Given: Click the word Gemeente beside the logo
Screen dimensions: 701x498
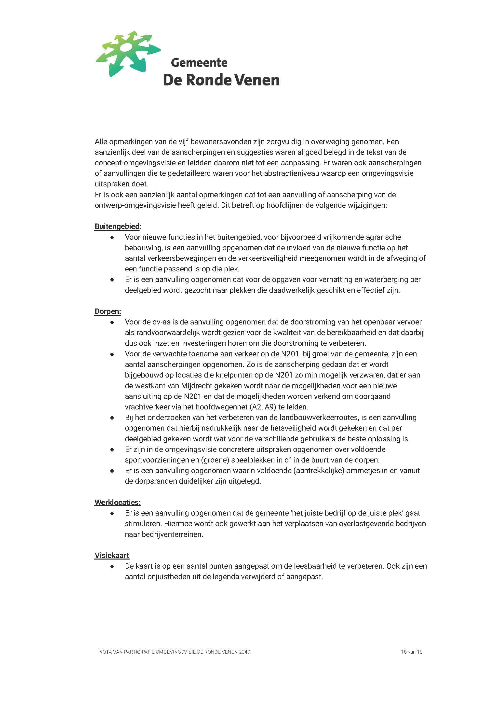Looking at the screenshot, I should (199, 63).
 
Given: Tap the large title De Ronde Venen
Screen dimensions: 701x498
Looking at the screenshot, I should (221, 80).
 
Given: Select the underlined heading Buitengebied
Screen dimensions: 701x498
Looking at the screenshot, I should (117, 226).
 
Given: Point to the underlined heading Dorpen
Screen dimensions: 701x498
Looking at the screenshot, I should (108, 311).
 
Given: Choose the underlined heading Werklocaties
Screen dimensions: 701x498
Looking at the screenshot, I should (118, 503).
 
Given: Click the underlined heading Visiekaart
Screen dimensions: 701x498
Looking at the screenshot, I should (112, 556).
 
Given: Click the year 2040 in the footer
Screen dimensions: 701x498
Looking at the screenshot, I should (244, 652).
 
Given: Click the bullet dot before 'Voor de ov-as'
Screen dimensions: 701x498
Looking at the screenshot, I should (112, 322).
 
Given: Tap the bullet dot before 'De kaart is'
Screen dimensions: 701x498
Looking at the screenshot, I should (112, 566).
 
